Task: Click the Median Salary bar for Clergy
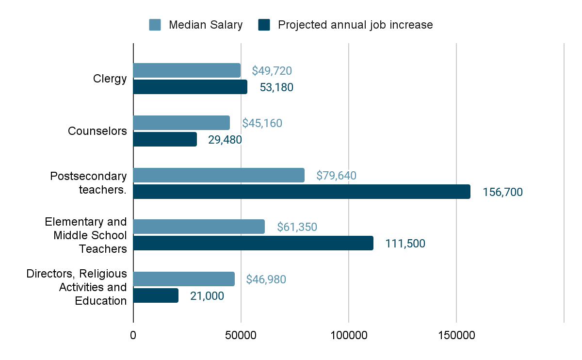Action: point(187,70)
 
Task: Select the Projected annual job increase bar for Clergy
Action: point(190,87)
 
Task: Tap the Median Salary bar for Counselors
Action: point(181,123)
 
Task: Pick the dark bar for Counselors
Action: point(165,139)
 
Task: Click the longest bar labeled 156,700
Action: point(302,192)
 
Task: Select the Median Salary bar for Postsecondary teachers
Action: point(219,175)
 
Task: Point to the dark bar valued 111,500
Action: point(253,243)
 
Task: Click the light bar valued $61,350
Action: point(199,227)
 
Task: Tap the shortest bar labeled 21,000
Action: point(156,295)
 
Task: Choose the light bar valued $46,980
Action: point(184,279)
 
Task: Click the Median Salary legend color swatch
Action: point(155,25)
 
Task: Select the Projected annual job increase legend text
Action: point(355,25)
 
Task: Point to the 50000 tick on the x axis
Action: point(241,335)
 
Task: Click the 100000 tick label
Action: point(349,335)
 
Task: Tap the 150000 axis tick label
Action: point(456,335)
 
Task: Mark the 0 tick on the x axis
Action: point(133,335)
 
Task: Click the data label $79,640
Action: point(336,175)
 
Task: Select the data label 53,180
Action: point(276,87)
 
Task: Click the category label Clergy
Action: point(110,79)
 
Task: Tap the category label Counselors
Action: point(97,131)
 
